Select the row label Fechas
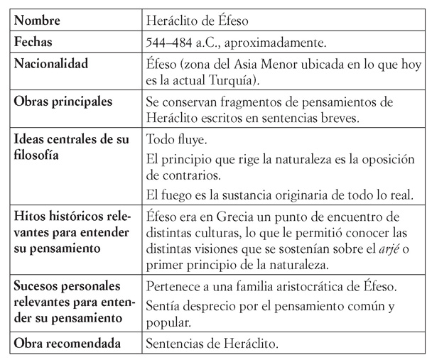pyautogui.click(x=34, y=43)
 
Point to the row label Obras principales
pyautogui.click(x=64, y=101)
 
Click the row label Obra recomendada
pyautogui.click(x=66, y=344)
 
